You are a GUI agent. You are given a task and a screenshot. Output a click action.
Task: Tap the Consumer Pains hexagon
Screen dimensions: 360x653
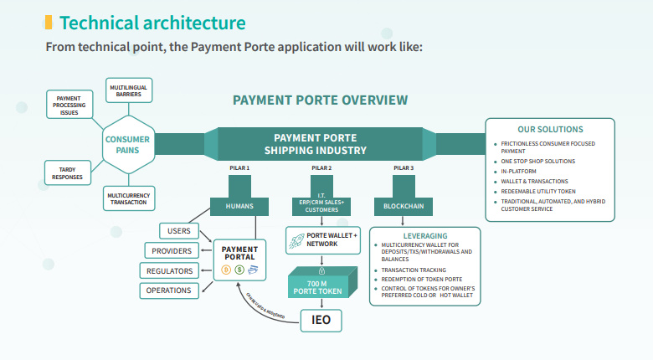[127, 144]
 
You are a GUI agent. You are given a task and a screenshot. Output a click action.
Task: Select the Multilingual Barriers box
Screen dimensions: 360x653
[129, 90]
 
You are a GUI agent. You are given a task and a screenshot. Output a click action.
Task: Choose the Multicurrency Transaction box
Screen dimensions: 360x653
[127, 198]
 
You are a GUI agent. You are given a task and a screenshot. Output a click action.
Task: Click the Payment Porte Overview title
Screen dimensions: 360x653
[320, 100]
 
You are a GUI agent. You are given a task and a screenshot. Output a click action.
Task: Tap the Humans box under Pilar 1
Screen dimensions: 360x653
[239, 205]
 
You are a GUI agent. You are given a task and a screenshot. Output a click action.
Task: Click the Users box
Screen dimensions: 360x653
[178, 231]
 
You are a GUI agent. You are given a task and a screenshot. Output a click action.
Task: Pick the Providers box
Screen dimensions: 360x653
[171, 251]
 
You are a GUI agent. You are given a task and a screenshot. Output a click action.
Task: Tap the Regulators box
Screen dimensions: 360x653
[170, 271]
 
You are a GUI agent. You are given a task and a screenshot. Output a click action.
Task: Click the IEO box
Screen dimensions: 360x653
[322, 321]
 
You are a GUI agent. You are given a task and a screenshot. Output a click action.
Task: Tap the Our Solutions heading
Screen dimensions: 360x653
[550, 130]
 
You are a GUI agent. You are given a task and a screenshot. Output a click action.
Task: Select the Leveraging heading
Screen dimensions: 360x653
[425, 236]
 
